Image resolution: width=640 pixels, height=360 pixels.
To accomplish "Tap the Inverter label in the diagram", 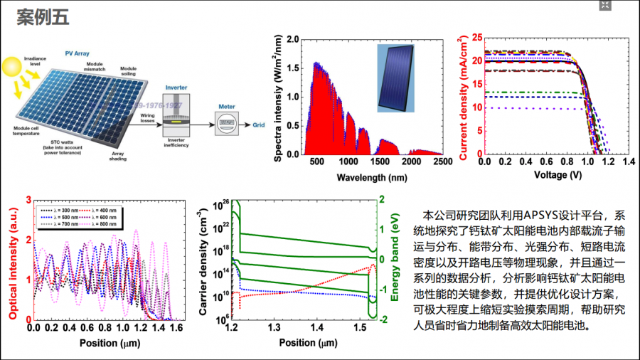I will pyautogui.click(x=176, y=88).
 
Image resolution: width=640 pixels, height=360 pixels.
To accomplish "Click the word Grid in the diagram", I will pyautogui.click(x=260, y=124).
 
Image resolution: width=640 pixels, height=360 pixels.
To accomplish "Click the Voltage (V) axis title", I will pyautogui.click(x=558, y=175).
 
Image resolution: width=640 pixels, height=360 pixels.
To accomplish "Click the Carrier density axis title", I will pyautogui.click(x=204, y=259).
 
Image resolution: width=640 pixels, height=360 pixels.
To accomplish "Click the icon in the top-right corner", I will pyautogui.click(x=604, y=6).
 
